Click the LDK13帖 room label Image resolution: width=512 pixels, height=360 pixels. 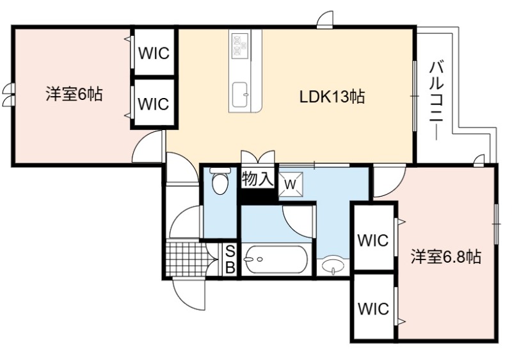point(332,97)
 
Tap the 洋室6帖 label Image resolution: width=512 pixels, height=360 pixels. point(74,94)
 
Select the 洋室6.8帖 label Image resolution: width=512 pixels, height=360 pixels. point(445,256)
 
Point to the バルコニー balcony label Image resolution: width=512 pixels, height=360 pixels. point(436,101)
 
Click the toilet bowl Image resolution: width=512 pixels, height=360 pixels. point(220,181)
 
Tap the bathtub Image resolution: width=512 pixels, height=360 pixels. point(276,259)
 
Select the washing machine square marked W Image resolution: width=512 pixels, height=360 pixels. point(291,184)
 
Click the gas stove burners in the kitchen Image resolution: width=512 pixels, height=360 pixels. point(240,44)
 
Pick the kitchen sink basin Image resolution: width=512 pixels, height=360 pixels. point(241,94)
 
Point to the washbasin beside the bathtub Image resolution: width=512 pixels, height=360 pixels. point(333,266)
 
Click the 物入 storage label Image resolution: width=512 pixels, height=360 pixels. point(257,179)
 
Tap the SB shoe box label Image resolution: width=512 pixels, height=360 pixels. point(230,259)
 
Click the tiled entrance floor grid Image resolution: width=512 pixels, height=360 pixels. point(187,258)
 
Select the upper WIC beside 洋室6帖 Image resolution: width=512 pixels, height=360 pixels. point(154,53)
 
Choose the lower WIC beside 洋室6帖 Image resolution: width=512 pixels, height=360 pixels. point(154,104)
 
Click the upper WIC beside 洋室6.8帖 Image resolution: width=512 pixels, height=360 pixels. point(373,240)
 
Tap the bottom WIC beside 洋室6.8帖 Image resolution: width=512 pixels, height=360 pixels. point(373,308)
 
